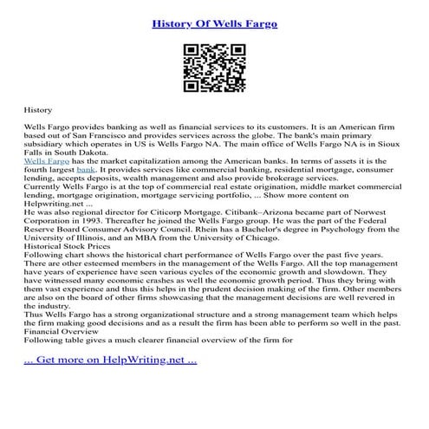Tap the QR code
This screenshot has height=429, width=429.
pos(214,67)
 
